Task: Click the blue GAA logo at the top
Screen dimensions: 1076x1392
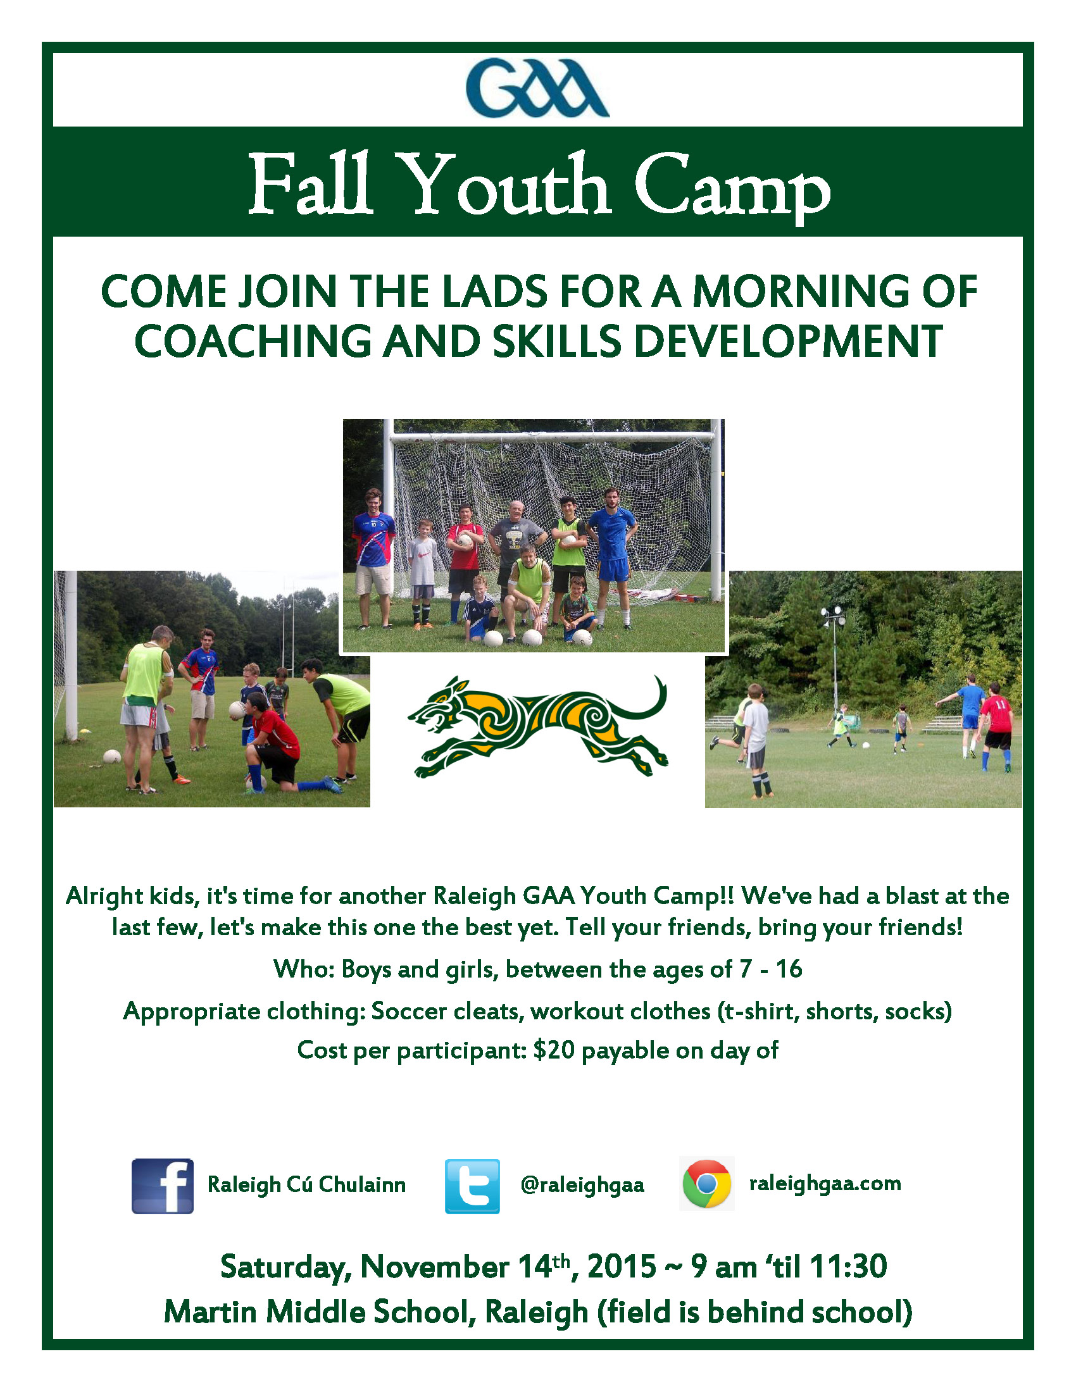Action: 537,88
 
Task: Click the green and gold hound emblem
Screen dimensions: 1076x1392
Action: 537,727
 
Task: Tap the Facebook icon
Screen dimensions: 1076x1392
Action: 163,1186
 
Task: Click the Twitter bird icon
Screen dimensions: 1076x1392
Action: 472,1186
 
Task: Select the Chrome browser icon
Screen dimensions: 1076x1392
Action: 707,1184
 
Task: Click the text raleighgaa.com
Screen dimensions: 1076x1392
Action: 825,1184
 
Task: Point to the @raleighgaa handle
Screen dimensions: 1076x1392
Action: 582,1185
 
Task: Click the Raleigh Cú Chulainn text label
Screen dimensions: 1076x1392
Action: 306,1184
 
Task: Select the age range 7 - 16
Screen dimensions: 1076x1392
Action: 771,969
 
